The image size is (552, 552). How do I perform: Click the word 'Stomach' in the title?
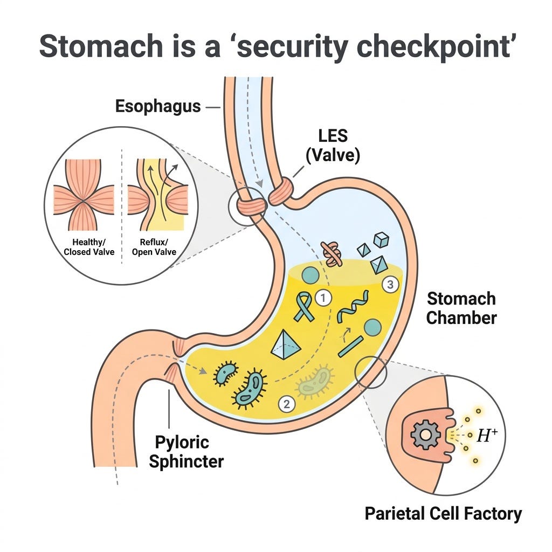[101, 46]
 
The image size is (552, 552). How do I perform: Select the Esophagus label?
[158, 106]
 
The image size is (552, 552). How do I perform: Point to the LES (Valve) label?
[333, 146]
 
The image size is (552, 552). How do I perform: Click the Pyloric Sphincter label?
[186, 452]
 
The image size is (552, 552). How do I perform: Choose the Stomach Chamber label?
[461, 308]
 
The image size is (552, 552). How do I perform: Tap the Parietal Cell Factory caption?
[443, 513]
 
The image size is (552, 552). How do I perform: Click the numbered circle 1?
[323, 298]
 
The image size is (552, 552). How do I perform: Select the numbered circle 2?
[287, 404]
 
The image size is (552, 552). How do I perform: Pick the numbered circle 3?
[390, 284]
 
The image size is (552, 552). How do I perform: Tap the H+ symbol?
[487, 436]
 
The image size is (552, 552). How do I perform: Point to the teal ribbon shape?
[304, 307]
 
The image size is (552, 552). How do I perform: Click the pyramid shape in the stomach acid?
[286, 344]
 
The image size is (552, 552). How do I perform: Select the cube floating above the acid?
[381, 240]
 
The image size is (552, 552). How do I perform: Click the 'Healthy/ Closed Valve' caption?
[89, 247]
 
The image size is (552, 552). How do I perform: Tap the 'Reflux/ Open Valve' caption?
[154, 247]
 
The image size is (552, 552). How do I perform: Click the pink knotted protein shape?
[332, 253]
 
